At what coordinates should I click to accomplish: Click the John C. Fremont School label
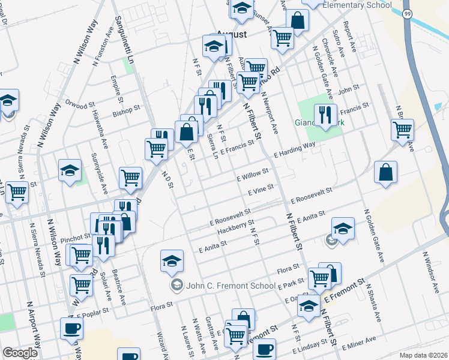(x=222, y=284)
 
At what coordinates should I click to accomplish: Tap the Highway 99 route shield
(x=407, y=14)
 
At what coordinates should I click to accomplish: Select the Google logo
(x=20, y=353)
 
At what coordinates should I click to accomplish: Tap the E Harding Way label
(x=295, y=150)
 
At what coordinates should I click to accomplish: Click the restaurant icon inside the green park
(x=325, y=114)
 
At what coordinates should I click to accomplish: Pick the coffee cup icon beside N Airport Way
(x=71, y=329)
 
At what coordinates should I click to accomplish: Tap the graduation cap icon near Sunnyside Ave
(x=70, y=170)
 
